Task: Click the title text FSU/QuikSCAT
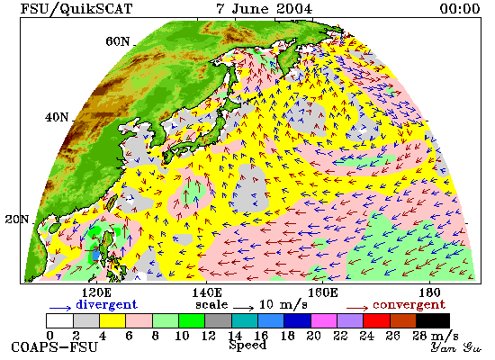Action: point(76,8)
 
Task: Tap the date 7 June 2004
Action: point(265,8)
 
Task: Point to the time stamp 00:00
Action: point(460,8)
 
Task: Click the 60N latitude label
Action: point(117,41)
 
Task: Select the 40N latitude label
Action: point(57,118)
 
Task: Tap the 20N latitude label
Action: point(17,219)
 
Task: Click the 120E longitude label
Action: point(96,293)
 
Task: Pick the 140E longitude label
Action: point(207,293)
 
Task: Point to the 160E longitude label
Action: point(322,293)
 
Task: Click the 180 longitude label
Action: point(429,293)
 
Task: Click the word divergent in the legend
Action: point(106,305)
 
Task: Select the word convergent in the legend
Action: point(409,305)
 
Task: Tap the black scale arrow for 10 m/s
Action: point(244,307)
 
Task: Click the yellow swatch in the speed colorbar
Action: point(112,320)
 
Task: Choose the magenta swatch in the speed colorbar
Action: point(324,320)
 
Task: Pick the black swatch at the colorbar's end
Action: point(433,320)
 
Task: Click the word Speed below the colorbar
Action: point(247,345)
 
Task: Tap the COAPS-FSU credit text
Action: point(54,347)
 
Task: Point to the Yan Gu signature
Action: point(456,347)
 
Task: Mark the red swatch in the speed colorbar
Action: point(376,320)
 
